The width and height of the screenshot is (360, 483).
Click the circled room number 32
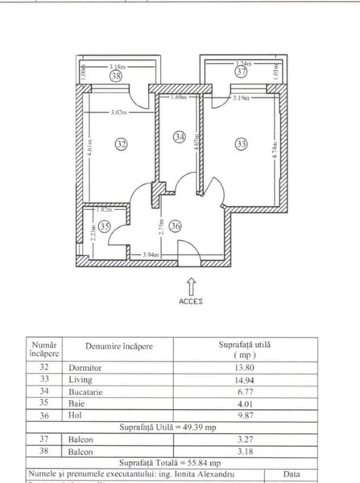click(122, 145)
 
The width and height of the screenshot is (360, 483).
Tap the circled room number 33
click(242, 145)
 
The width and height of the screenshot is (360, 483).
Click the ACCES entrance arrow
click(190, 285)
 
